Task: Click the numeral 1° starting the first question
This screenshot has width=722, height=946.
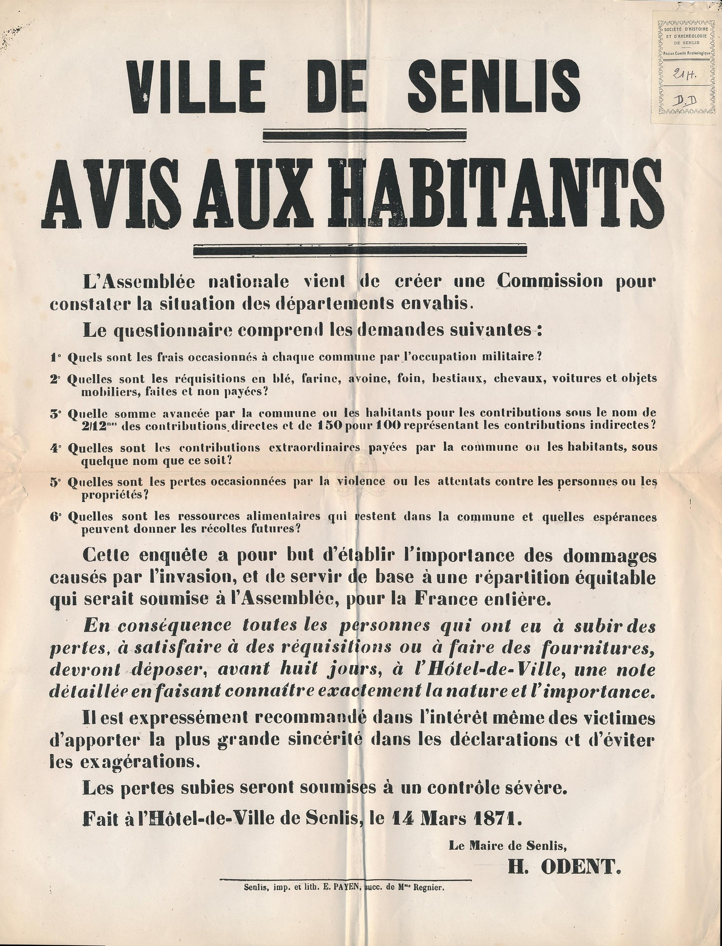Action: click(x=56, y=357)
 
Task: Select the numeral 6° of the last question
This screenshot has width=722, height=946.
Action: click(x=56, y=516)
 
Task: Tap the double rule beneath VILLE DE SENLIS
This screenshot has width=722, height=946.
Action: click(x=365, y=135)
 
